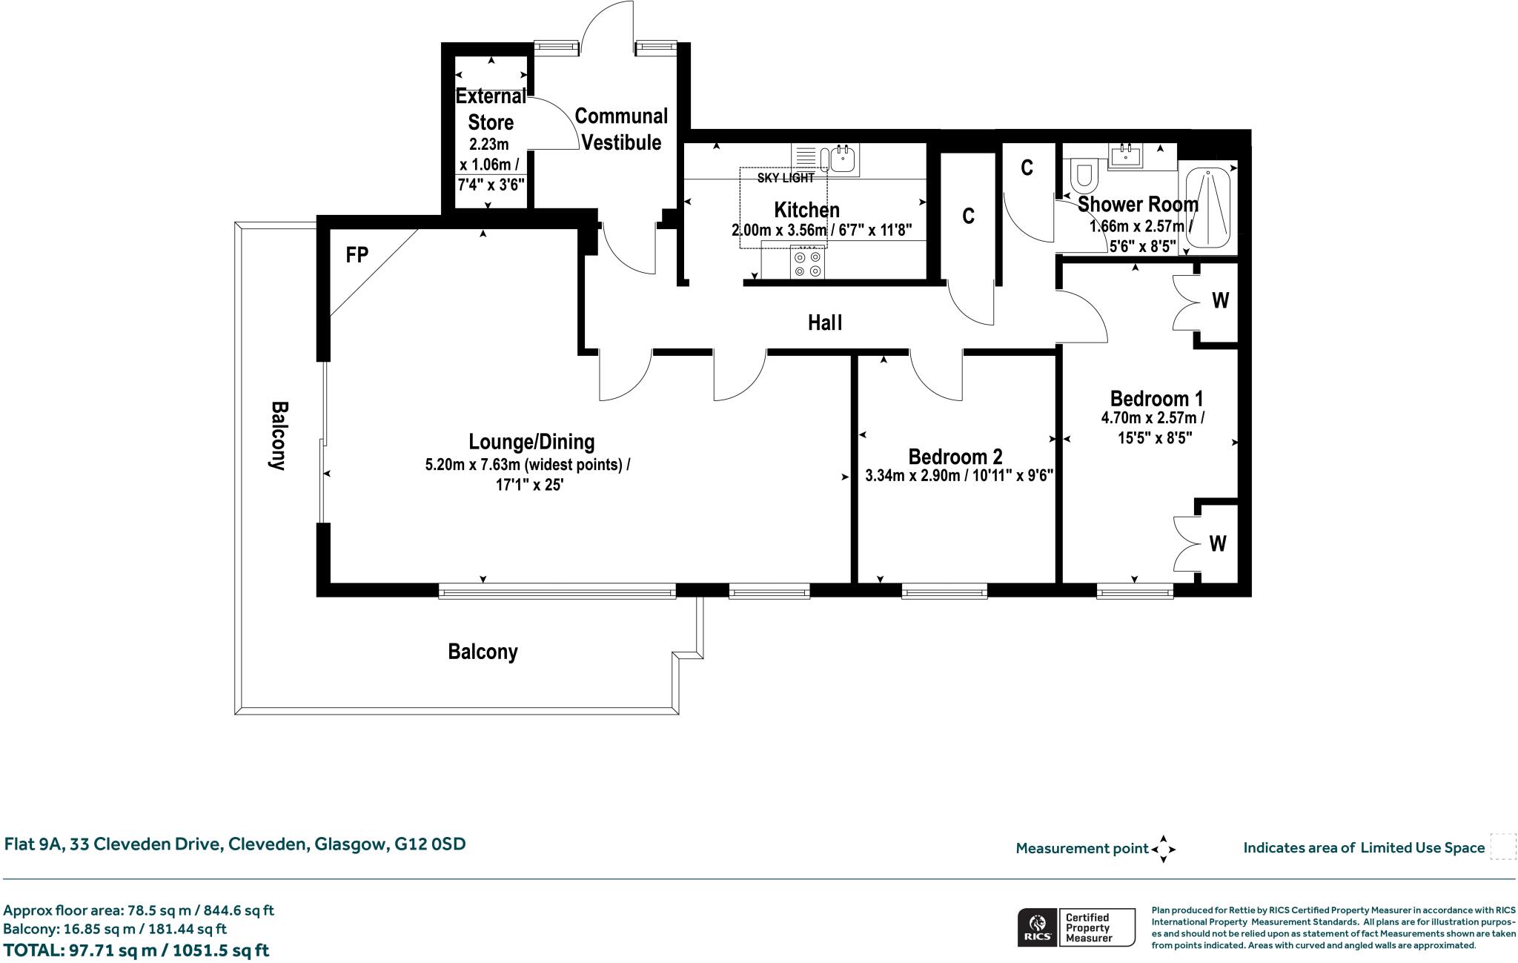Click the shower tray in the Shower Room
[1208, 208]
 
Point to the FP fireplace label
[357, 255]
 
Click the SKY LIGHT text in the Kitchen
[786, 178]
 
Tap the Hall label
[825, 322]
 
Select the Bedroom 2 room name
[955, 456]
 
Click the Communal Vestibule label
[621, 129]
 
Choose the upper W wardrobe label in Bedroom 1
[1220, 300]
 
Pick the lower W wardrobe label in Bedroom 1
[1218, 543]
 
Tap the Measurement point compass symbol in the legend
[1164, 849]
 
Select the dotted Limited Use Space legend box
[1503, 847]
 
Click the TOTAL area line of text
[136, 950]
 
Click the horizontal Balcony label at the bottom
[483, 652]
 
